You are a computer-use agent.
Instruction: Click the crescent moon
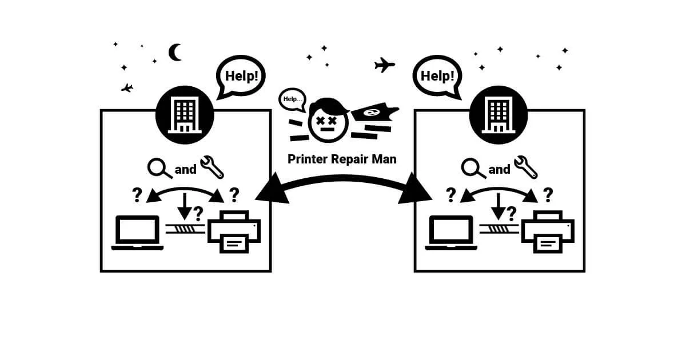pyautogui.click(x=176, y=53)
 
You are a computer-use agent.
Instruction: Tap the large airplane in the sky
pyautogui.click(x=385, y=65)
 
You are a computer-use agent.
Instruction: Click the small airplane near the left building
pyautogui.click(x=127, y=88)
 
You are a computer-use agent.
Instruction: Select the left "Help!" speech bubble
pyautogui.click(x=240, y=76)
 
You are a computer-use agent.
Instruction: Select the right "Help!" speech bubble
pyautogui.click(x=438, y=76)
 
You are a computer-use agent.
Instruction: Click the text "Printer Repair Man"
pyautogui.click(x=342, y=159)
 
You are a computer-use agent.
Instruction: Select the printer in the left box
pyautogui.click(x=234, y=232)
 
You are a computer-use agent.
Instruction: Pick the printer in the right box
pyautogui.click(x=548, y=232)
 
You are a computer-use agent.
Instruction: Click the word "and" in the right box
pyautogui.click(x=499, y=169)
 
